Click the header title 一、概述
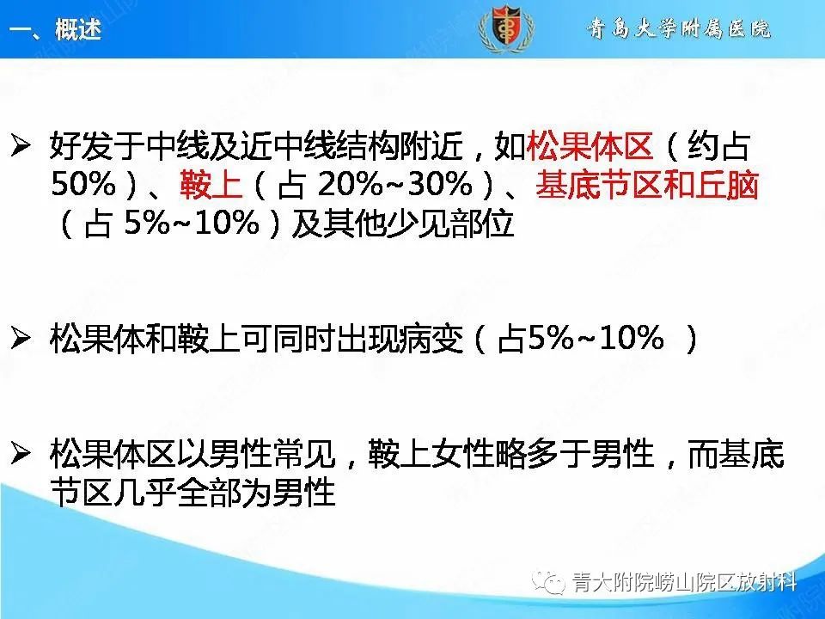tap(55, 29)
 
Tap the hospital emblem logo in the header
tap(505, 28)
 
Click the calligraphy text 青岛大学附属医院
tap(679, 28)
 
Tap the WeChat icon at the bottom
tap(548, 584)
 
